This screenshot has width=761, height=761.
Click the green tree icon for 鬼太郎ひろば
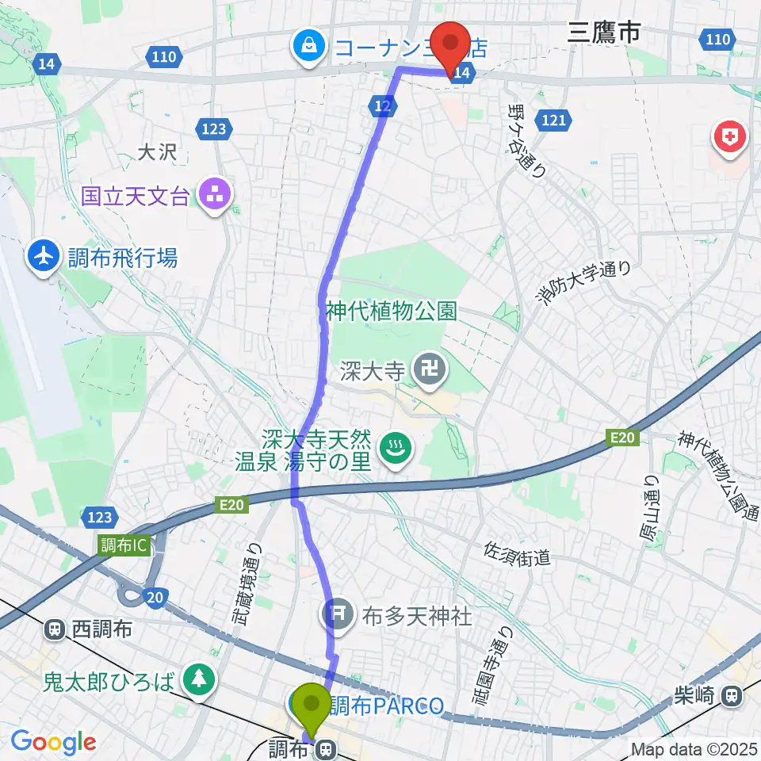[197, 679]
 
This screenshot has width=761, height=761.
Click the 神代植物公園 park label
[392, 311]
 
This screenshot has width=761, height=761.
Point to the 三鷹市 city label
[603, 33]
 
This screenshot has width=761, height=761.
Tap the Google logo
[53, 742]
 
